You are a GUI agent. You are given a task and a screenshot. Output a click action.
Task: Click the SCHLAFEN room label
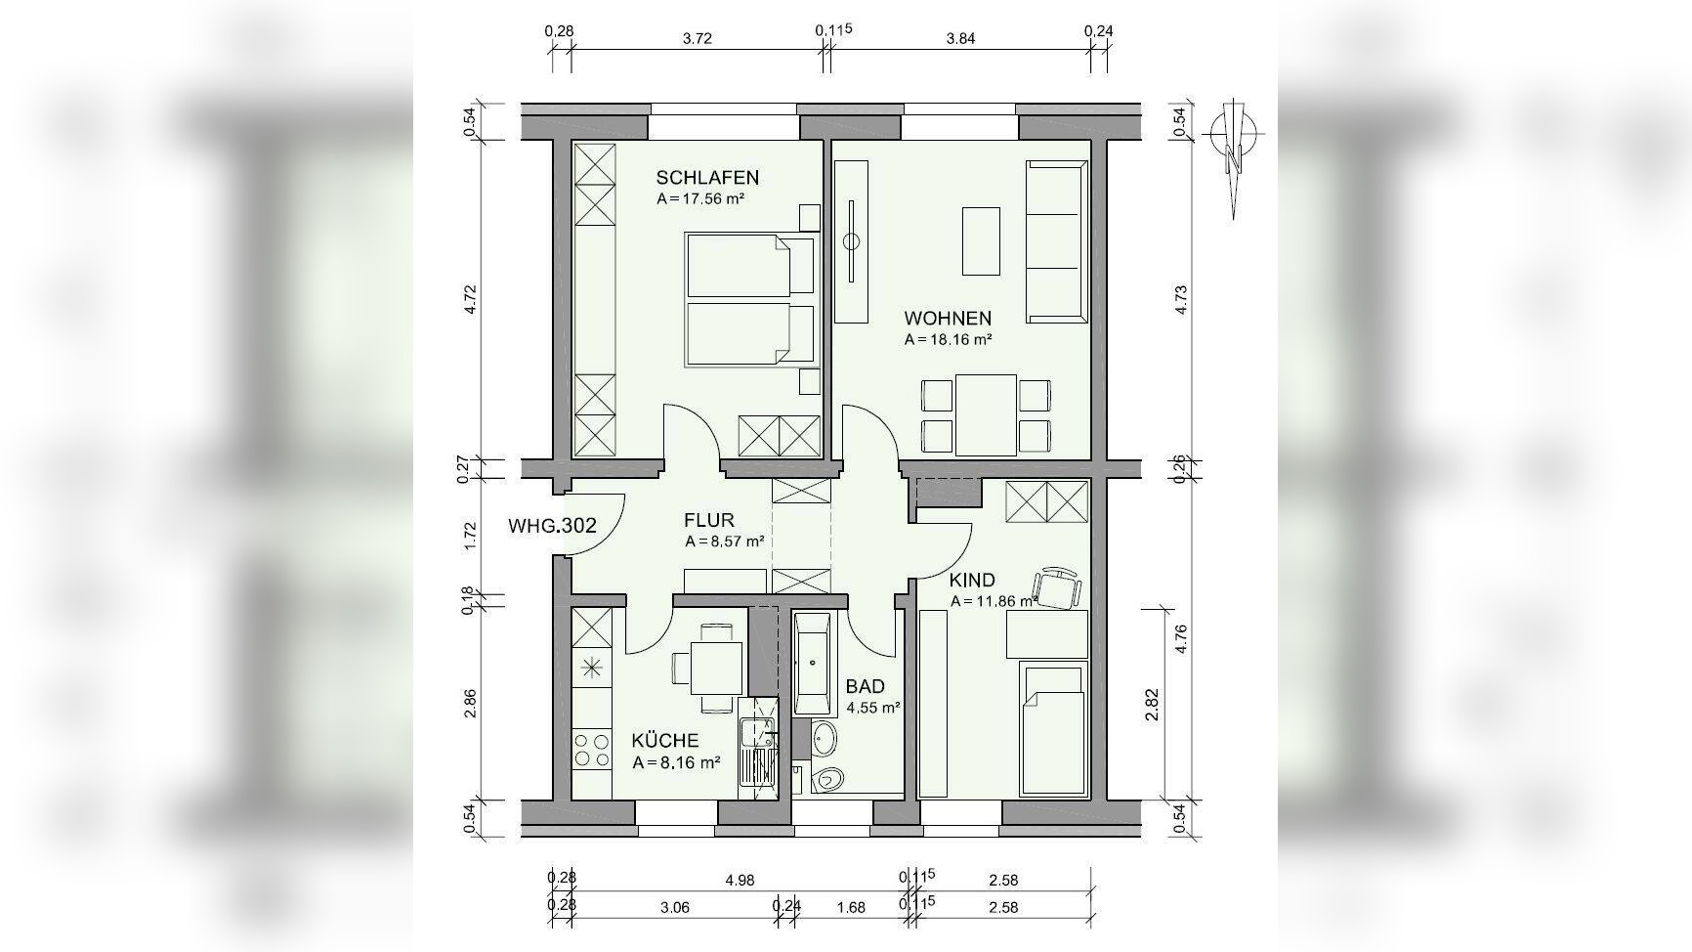tap(707, 177)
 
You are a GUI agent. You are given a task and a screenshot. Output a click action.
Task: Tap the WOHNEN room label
tap(948, 318)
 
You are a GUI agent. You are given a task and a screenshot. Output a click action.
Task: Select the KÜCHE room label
tap(665, 740)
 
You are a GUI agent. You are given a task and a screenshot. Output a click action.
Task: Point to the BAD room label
tap(866, 686)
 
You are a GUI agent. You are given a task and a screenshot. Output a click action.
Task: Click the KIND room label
tap(972, 580)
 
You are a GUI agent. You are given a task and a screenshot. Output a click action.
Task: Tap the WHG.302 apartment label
tap(552, 525)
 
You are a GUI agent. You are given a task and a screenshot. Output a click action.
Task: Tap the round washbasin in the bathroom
tap(825, 738)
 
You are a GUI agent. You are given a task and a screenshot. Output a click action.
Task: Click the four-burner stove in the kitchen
tap(592, 750)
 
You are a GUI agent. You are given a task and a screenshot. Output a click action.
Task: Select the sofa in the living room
tap(1056, 241)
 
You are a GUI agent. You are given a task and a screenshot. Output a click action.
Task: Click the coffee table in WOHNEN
tap(981, 240)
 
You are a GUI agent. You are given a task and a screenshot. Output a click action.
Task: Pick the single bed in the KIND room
tap(1053, 728)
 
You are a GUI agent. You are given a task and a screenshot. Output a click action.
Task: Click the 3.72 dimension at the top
tap(697, 39)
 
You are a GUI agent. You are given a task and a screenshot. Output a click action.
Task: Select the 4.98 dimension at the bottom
tap(740, 881)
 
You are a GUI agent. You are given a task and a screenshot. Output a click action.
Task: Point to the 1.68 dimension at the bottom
tap(851, 907)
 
